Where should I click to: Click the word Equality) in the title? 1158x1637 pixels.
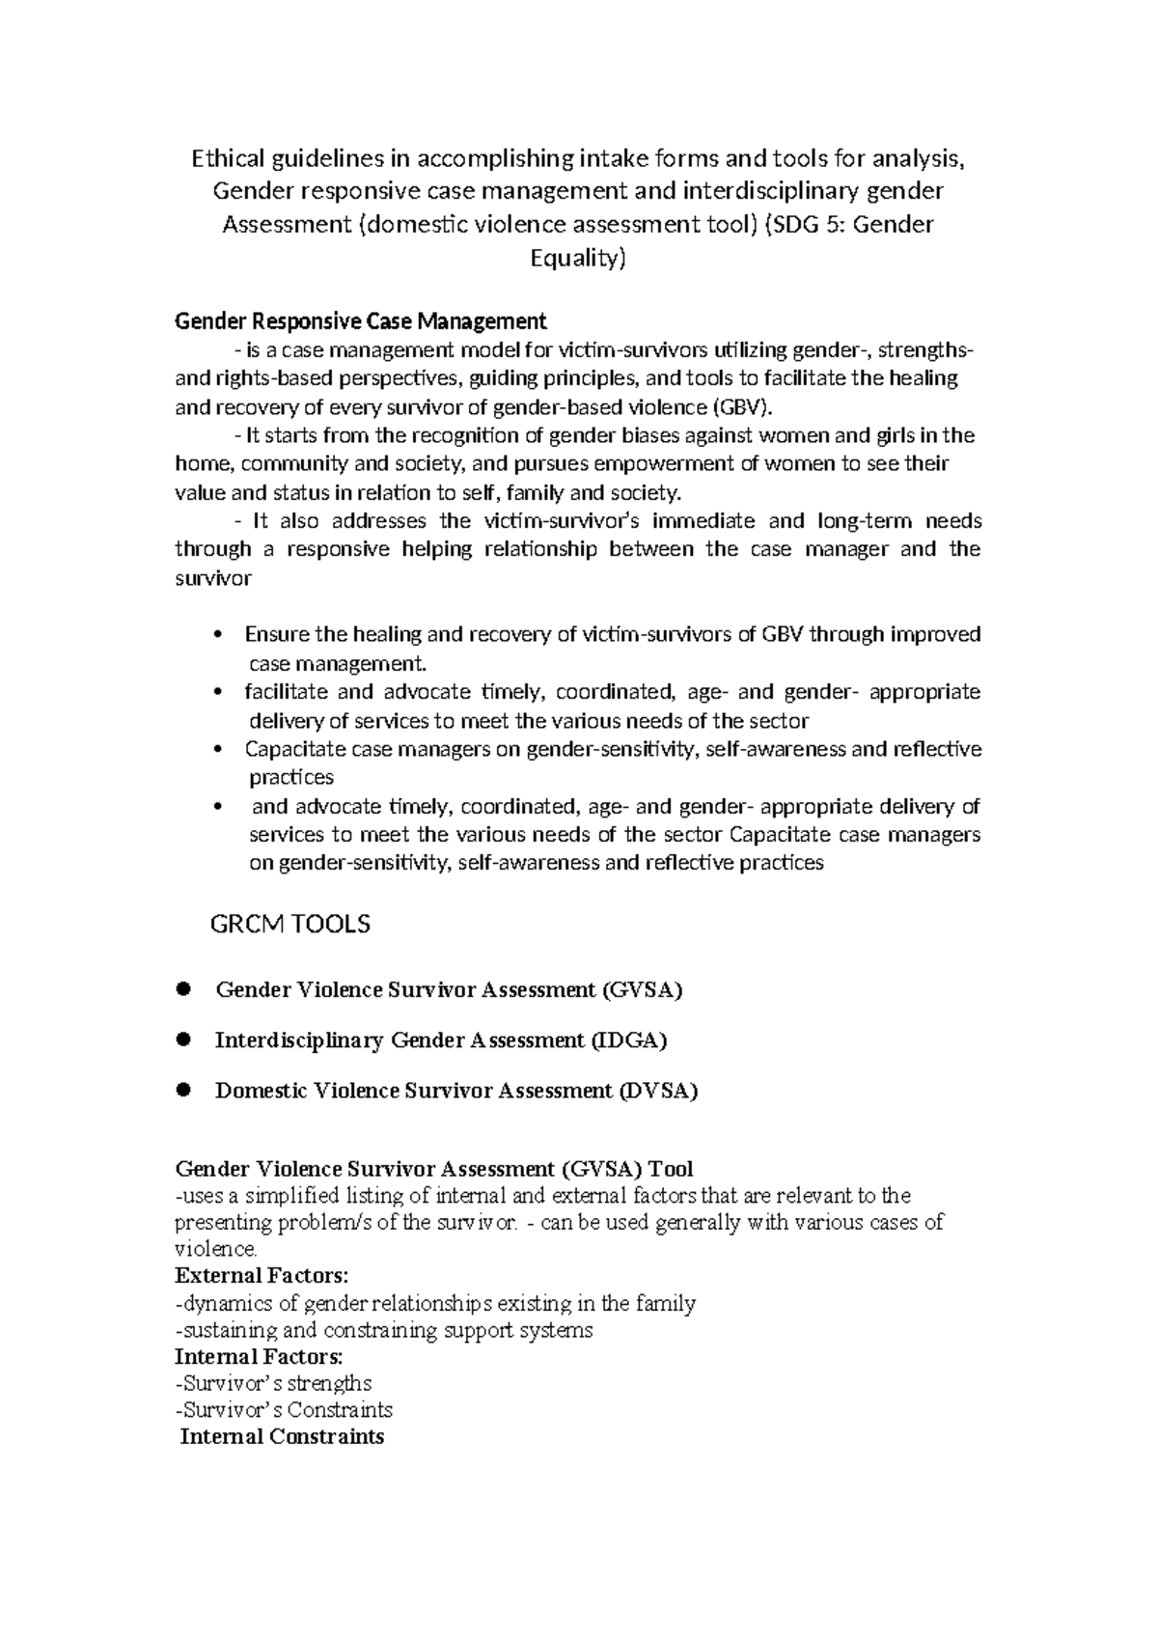[578, 259]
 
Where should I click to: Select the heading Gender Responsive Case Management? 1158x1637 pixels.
[360, 320]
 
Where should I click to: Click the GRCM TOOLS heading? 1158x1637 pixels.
[290, 925]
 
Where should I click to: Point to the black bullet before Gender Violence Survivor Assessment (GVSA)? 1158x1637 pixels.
[183, 989]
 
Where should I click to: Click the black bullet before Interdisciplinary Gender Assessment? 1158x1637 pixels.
[183, 1040]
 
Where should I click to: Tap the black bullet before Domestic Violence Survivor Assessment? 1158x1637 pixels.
[183, 1090]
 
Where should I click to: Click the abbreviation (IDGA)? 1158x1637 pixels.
[628, 1040]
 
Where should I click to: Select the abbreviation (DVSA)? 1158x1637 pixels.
[658, 1091]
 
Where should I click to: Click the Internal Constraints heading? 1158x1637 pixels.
[282, 1437]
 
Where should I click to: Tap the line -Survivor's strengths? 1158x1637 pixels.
[273, 1384]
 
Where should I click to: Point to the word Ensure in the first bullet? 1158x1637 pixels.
[278, 635]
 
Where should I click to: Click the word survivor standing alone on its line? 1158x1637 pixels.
[213, 579]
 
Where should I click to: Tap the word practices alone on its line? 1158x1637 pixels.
[291, 778]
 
